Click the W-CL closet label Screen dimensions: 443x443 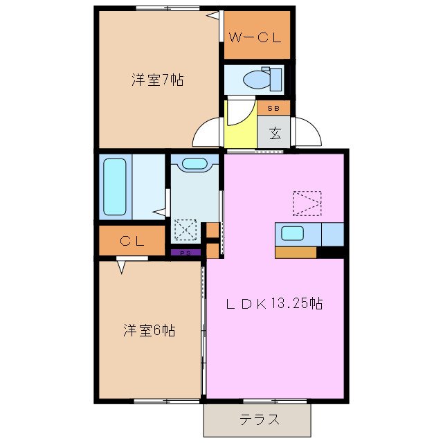point(255,37)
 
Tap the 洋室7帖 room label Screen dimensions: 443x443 point(158,80)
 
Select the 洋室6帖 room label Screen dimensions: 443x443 point(149,331)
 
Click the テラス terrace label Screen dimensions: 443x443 point(260,419)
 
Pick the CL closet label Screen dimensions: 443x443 point(132,242)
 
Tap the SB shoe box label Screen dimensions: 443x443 point(274,108)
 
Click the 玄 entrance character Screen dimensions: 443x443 point(274,132)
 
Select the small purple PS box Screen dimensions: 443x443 point(186,253)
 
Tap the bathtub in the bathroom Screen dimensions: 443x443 point(114,186)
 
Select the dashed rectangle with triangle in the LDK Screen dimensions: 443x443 point(307,203)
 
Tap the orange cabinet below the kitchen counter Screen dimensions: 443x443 point(296,252)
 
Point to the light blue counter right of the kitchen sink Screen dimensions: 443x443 point(333,235)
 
